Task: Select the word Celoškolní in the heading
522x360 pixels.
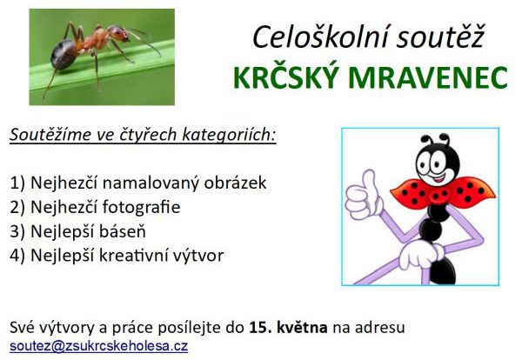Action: coord(319,37)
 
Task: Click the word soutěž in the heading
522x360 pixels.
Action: coord(440,36)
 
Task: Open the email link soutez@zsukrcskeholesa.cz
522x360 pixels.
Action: coord(99,346)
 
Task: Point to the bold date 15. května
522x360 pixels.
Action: coord(288,328)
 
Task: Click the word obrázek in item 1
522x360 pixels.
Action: coord(235,183)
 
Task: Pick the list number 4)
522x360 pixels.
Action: coord(17,256)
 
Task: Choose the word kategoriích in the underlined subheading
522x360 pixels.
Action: coord(229,135)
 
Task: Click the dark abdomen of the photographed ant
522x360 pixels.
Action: coord(64,54)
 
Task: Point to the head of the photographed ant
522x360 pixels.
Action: coord(119,34)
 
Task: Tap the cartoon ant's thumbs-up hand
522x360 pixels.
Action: coord(364,196)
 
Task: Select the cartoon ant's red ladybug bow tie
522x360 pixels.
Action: coord(443,194)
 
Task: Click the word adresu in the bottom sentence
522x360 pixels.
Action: coord(379,328)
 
